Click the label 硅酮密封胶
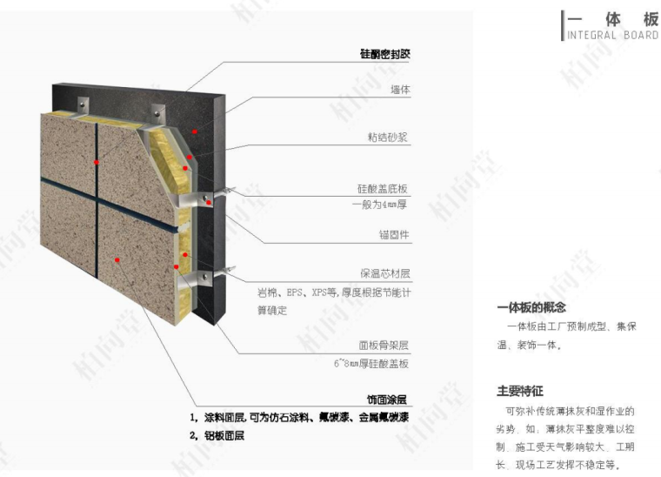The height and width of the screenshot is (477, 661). [384, 54]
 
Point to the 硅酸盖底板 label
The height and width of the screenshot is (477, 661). [383, 188]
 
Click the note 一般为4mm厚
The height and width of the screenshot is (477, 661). [380, 205]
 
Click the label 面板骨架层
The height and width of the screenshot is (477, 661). [384, 346]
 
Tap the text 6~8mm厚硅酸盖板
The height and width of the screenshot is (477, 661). [371, 363]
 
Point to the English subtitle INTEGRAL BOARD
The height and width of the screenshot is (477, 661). [612, 36]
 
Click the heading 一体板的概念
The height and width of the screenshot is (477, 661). [531, 307]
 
